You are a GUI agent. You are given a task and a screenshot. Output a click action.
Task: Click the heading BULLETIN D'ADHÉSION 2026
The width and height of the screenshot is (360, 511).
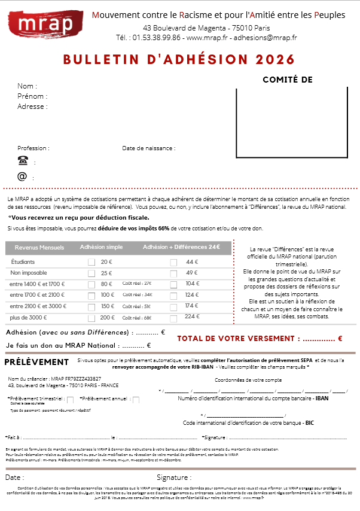tap(179, 59)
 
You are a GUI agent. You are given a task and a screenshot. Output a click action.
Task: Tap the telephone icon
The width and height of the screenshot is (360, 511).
tap(23, 160)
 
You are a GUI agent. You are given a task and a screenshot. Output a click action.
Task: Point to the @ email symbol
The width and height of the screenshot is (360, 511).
tap(22, 177)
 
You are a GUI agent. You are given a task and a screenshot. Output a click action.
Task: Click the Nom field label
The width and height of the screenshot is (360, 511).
tap(27, 86)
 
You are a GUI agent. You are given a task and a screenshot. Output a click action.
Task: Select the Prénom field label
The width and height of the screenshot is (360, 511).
tap(32, 96)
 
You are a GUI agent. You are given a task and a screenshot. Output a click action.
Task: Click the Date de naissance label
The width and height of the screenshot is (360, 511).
tap(148, 148)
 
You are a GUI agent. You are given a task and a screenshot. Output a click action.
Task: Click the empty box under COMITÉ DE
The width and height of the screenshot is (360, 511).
tap(291, 121)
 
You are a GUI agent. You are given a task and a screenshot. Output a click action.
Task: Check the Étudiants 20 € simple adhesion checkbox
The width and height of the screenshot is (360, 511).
tap(91, 262)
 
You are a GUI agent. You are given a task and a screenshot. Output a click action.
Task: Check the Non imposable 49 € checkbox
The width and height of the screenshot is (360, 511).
tap(173, 273)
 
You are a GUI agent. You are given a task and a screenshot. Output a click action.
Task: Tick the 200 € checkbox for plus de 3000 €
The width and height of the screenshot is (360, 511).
tap(91, 317)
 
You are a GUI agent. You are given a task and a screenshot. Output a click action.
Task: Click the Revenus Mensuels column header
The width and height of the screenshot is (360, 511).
tap(39, 247)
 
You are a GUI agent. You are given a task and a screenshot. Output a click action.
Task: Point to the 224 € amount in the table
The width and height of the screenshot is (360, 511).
tap(192, 317)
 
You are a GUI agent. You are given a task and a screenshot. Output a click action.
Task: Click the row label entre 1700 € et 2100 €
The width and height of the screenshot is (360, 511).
tap(37, 295)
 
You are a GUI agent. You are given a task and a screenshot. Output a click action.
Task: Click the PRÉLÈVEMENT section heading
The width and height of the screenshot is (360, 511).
tap(36, 362)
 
